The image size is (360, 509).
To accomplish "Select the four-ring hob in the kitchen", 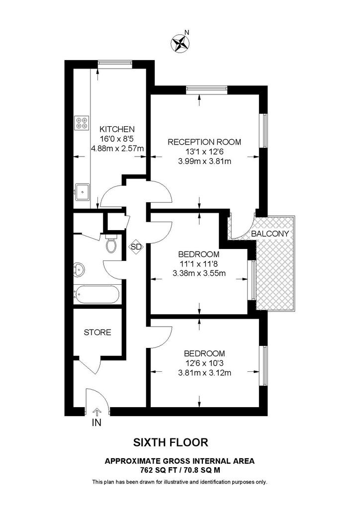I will click(81, 122).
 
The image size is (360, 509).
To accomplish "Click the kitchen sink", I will click(81, 190).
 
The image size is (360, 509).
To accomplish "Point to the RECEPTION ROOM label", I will click(204, 142).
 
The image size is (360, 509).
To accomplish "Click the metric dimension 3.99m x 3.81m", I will click(204, 161).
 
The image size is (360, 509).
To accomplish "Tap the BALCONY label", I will click(270, 233).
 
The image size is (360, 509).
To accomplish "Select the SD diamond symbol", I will click(135, 247).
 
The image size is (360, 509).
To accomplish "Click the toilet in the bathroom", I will click(111, 245).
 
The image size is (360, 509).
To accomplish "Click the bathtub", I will click(96, 294).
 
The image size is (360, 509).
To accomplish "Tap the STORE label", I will click(97, 332).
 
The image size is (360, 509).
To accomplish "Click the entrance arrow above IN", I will click(96, 411).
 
